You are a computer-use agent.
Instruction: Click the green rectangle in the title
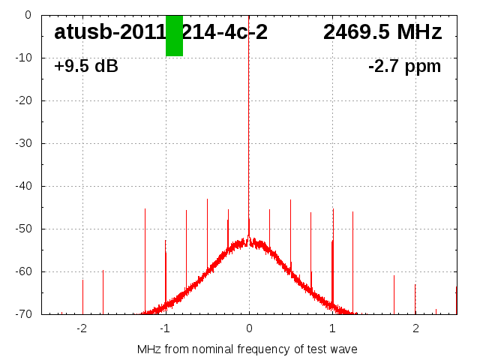point(174,35)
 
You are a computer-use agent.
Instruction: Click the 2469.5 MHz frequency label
point(382,32)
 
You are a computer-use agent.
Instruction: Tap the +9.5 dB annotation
point(86,66)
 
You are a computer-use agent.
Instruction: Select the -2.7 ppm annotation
point(404,66)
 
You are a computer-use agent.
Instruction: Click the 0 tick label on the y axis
point(27,15)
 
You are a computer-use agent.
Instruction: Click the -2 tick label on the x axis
point(81,328)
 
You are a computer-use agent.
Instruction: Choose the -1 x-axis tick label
point(164,328)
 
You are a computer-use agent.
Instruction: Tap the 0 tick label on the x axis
point(249,328)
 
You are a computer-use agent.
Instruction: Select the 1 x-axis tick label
point(332,328)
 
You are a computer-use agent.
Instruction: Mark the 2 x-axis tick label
point(415,328)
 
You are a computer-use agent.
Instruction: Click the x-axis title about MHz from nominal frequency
point(247,349)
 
